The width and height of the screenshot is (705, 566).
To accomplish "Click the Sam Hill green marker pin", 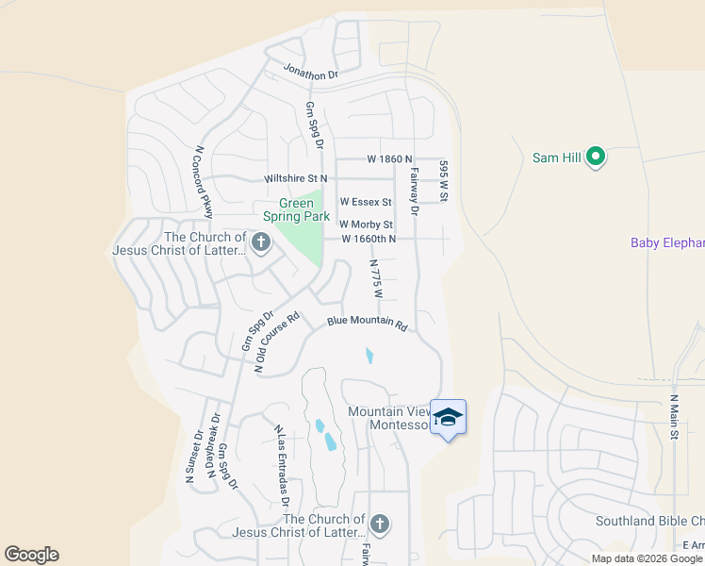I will click(596, 157).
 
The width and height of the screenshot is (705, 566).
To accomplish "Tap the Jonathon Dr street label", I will click(311, 74).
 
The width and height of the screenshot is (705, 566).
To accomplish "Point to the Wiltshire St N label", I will click(296, 177).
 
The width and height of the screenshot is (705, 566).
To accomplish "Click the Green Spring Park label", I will click(303, 209).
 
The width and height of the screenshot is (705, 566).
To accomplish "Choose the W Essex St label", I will click(366, 202).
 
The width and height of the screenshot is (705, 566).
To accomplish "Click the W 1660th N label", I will click(368, 240).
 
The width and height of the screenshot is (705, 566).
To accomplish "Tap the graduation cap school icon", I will click(449, 417).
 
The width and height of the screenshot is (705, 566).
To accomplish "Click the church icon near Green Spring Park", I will click(261, 244).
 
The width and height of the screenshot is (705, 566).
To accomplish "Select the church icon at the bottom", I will click(379, 524).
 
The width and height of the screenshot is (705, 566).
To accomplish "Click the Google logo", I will click(32, 555).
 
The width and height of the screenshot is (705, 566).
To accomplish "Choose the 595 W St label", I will click(442, 180).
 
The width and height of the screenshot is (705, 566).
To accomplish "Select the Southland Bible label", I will click(649, 522).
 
